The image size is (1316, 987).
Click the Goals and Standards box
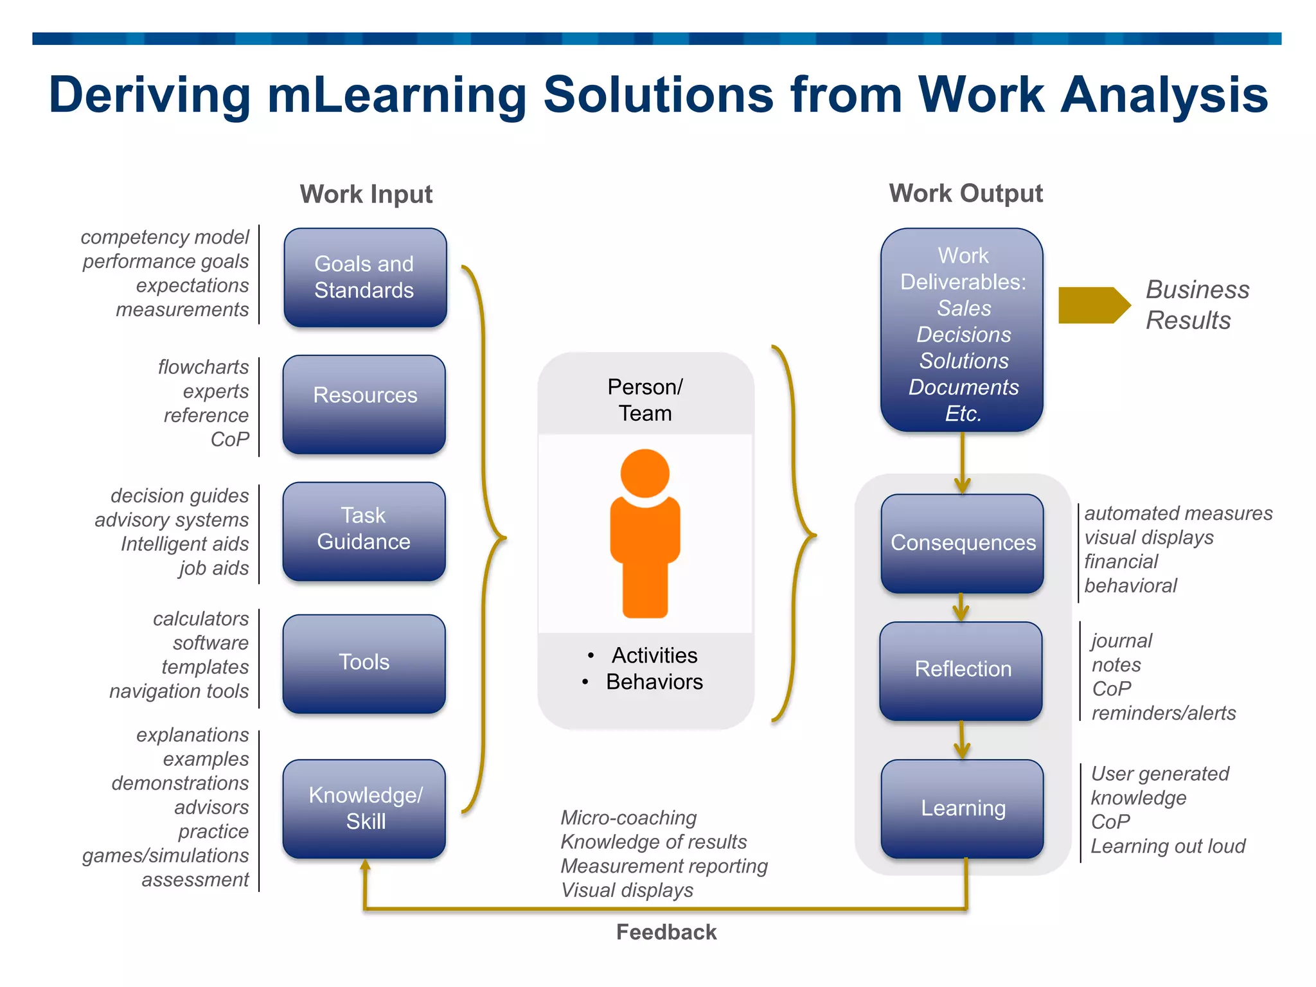pyautogui.click(x=365, y=278)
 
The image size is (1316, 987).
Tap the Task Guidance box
pyautogui.click(x=364, y=531)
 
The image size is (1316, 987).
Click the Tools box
pyautogui.click(x=364, y=663)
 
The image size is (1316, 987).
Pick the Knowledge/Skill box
pyautogui.click(x=364, y=808)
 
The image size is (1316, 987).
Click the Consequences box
pyautogui.click(x=962, y=543)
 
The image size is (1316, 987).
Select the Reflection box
pyautogui.click(x=961, y=670)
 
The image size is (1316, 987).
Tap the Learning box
pyautogui.click(x=962, y=808)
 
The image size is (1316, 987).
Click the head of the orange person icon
pyautogui.click(x=645, y=474)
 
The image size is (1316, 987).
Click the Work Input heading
pyautogui.click(x=366, y=194)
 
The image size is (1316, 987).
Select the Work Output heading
pyautogui.click(x=965, y=193)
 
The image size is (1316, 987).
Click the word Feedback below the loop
pyautogui.click(x=666, y=932)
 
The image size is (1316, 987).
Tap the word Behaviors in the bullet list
pyautogui.click(x=654, y=682)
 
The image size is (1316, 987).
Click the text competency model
pyautogui.click(x=164, y=237)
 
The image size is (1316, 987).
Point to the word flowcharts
pyautogui.click(x=203, y=367)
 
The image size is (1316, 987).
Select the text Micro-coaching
pyautogui.click(x=628, y=817)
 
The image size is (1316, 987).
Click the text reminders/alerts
pyautogui.click(x=1163, y=713)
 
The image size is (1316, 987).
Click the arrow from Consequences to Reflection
pyautogui.click(x=961, y=607)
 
